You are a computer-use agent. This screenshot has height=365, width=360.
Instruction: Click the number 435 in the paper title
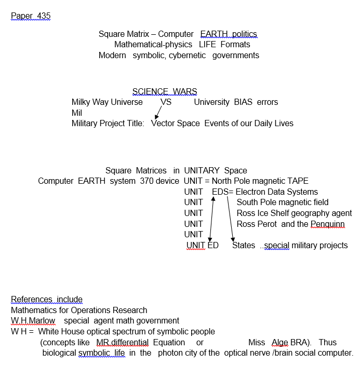[x=44, y=16]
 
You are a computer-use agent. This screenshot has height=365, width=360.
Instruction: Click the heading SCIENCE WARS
[x=165, y=92]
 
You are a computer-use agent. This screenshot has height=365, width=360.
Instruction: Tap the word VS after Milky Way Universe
[x=166, y=102]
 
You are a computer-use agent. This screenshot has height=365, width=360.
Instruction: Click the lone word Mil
[x=77, y=113]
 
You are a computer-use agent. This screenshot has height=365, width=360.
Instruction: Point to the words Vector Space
[x=176, y=123]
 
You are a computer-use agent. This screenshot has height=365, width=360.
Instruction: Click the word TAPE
[x=297, y=181]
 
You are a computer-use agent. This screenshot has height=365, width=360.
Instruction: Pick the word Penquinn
[x=328, y=224]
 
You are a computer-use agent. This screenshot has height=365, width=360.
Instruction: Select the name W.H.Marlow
[x=33, y=320]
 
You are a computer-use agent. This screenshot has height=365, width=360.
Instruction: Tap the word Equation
[x=169, y=342]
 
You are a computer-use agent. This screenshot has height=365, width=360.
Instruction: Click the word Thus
[x=327, y=342]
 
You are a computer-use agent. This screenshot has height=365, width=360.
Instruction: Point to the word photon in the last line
[x=170, y=353]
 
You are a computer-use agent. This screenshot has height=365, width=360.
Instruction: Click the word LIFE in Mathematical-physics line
[x=207, y=44]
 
